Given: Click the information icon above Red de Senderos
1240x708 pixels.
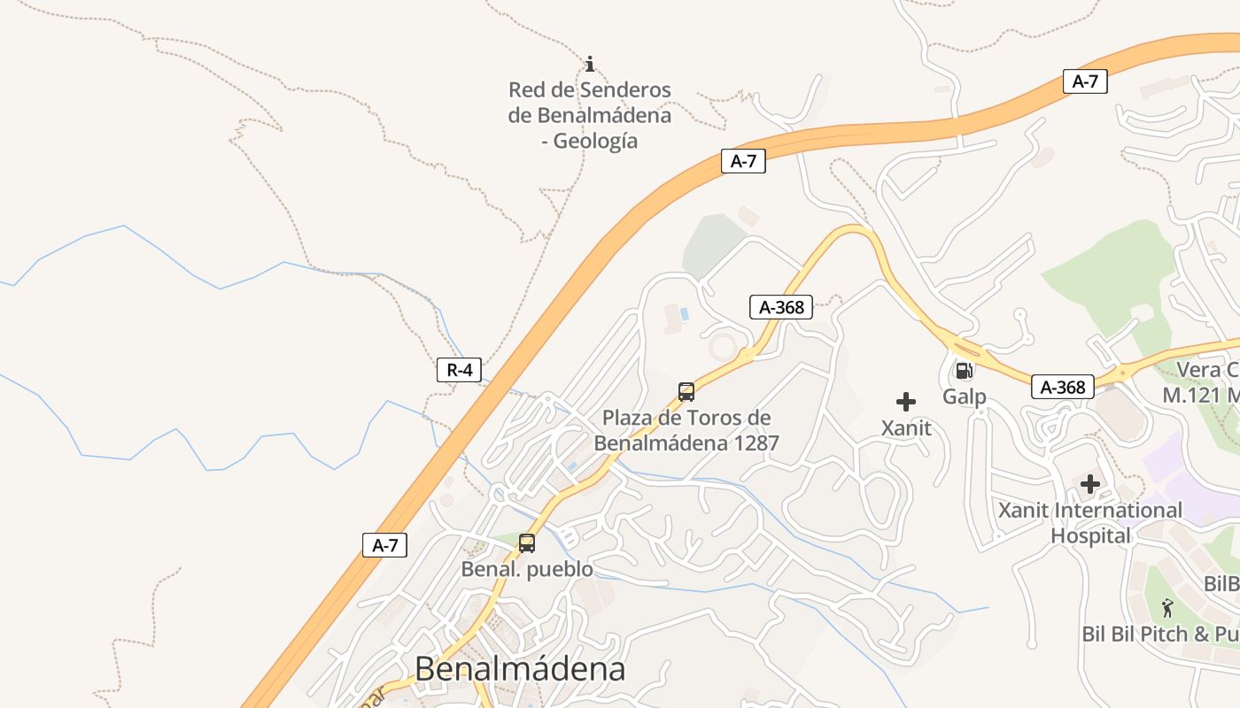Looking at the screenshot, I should click(x=590, y=64).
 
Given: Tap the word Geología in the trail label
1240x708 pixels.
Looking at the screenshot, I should click(x=595, y=141).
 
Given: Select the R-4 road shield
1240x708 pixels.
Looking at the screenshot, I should click(x=459, y=370).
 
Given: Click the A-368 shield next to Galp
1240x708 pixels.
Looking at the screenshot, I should click(x=1063, y=387).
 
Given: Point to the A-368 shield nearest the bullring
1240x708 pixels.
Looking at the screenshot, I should click(x=781, y=307).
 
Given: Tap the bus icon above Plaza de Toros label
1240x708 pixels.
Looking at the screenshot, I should click(x=686, y=392).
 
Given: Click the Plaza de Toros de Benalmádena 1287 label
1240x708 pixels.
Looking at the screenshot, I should click(x=686, y=430).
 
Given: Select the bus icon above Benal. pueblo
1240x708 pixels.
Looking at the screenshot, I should click(x=527, y=543).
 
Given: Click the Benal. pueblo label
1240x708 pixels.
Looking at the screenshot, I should click(x=527, y=569).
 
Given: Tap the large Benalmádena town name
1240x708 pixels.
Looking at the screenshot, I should click(x=520, y=668).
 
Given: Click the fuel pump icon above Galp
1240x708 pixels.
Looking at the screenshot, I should click(x=964, y=371).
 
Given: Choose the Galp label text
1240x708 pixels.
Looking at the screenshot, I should click(x=964, y=396).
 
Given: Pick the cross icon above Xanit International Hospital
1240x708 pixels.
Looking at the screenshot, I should click(x=1090, y=484).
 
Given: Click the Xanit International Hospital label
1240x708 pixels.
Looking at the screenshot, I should click(x=1090, y=522).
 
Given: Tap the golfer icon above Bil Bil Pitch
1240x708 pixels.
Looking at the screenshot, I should click(x=1168, y=608).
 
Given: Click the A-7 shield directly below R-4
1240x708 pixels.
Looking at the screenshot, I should click(x=385, y=545).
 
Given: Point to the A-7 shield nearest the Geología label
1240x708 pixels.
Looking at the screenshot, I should click(x=742, y=161).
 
